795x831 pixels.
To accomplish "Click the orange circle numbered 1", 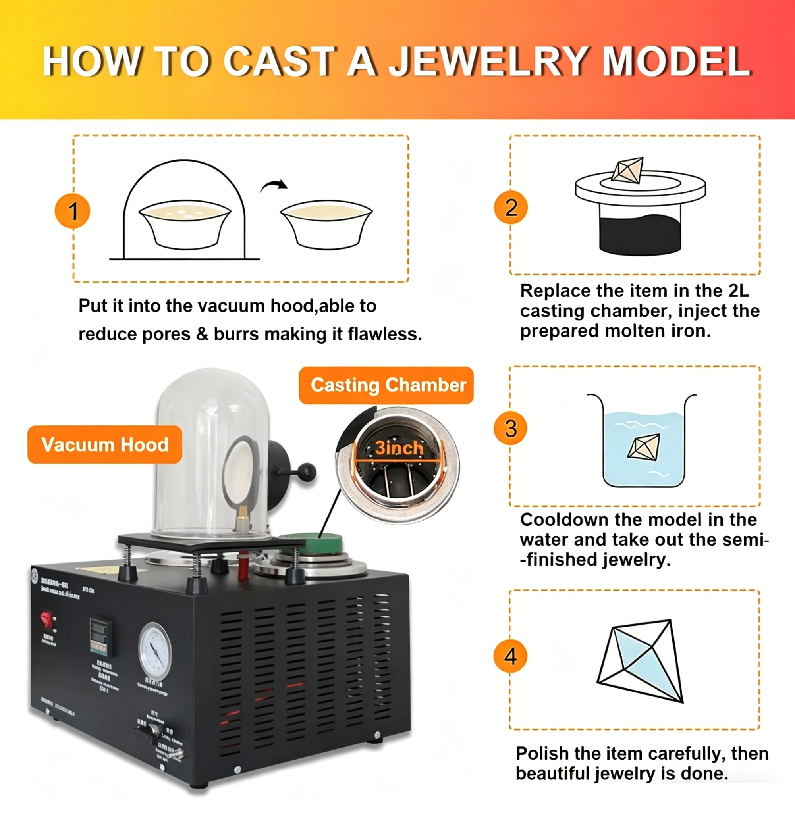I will (72, 211).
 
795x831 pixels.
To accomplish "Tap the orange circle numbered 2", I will (511, 208).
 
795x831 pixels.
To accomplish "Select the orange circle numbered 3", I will (510, 428).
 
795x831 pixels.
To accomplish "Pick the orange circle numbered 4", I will (510, 656).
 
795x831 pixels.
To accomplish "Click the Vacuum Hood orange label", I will (105, 444).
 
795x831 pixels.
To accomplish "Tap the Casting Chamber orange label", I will (386, 385).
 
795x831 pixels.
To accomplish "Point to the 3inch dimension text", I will (399, 448).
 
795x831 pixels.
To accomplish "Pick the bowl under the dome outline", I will (185, 224).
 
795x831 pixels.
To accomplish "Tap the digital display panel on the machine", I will (100, 636).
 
